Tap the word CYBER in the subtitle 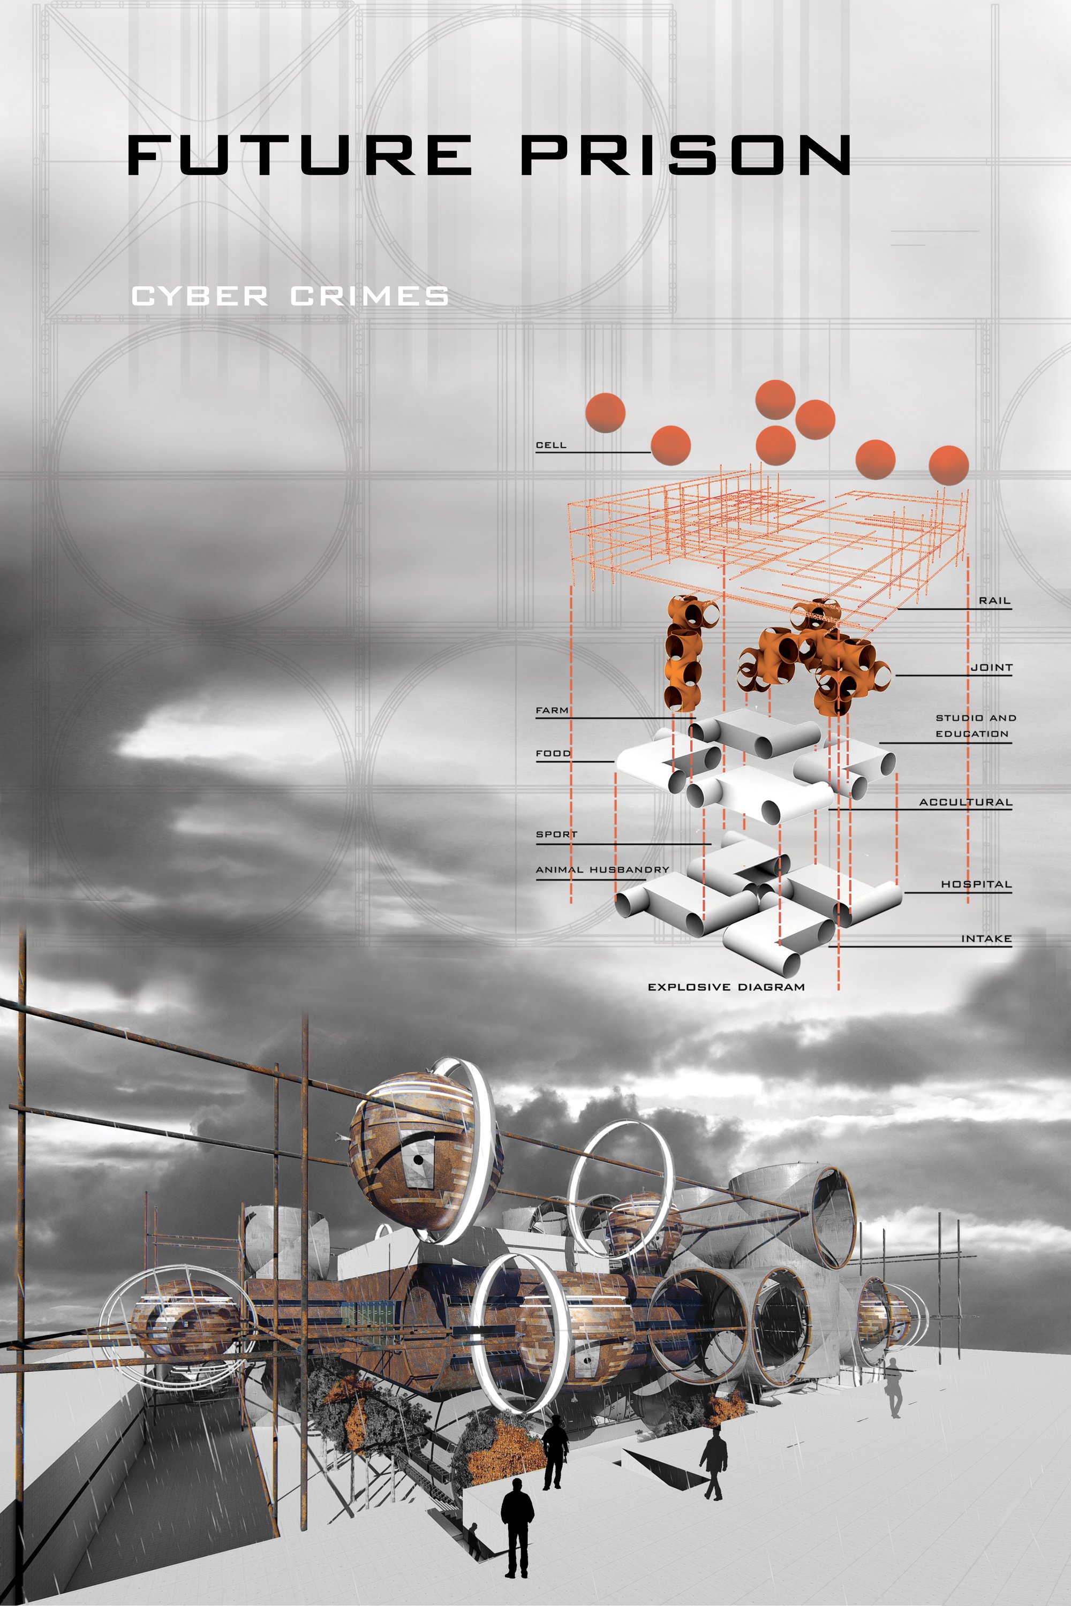pyautogui.click(x=199, y=297)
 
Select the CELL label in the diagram pyautogui.click(x=550, y=445)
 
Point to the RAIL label pyautogui.click(x=994, y=601)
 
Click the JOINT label pyautogui.click(x=991, y=667)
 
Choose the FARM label pyautogui.click(x=552, y=710)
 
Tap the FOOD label pyautogui.click(x=553, y=753)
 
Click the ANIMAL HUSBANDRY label pyautogui.click(x=602, y=869)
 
